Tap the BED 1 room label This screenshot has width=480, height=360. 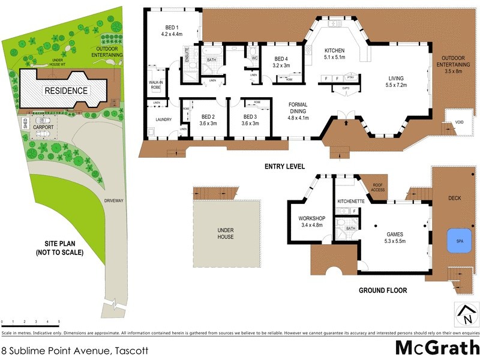pos(172,31)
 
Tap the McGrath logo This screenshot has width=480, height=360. pos(436,347)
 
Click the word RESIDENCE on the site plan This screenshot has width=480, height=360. pos(66,91)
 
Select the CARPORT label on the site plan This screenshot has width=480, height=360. pos(43,127)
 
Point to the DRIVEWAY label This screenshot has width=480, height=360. pos(113,201)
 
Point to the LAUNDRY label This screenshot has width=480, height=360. pos(163,119)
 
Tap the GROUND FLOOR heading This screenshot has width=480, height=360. pos(382,290)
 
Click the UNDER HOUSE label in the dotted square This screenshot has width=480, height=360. pos(225,233)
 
